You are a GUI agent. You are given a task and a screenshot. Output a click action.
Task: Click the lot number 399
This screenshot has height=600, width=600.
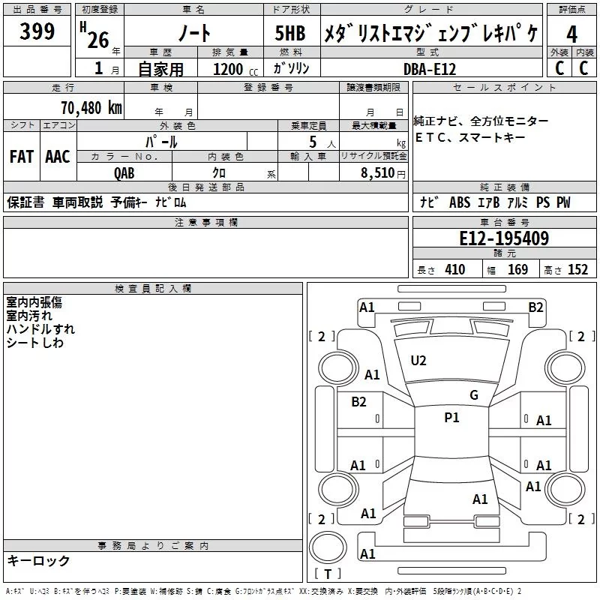[x=37, y=32]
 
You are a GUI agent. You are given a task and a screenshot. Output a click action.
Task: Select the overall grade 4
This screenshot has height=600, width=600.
[x=571, y=35]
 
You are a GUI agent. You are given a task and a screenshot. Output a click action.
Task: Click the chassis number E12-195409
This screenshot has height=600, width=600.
[x=503, y=239]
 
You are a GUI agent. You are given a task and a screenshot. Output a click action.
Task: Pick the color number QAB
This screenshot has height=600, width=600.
[x=124, y=172]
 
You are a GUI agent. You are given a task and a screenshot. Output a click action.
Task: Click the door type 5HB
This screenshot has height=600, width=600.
[x=285, y=34]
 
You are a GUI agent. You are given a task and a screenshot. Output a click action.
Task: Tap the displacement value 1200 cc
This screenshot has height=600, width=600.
[x=229, y=69]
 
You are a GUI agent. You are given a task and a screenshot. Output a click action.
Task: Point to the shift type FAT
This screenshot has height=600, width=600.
[x=21, y=157]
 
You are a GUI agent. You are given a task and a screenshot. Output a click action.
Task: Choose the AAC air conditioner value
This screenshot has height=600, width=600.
[x=57, y=157]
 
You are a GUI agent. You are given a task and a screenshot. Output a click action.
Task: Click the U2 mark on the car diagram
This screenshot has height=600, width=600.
[x=418, y=361]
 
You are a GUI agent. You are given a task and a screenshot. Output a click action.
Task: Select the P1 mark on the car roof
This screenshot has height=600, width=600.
[x=451, y=418]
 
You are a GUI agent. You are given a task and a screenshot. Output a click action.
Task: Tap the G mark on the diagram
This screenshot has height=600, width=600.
[x=473, y=395]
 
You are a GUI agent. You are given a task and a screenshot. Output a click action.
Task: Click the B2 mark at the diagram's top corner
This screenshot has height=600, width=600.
[x=535, y=307]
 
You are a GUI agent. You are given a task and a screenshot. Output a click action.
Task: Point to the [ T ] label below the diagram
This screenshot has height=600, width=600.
[x=327, y=574]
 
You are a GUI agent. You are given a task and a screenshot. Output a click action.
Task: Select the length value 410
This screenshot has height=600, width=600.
[x=454, y=270]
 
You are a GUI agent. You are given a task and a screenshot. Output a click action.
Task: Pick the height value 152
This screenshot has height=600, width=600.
[x=577, y=270]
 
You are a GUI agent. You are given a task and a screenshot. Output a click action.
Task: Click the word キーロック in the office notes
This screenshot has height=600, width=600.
[x=38, y=560]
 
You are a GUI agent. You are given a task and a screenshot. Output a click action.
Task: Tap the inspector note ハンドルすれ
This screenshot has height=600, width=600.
[x=40, y=329]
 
